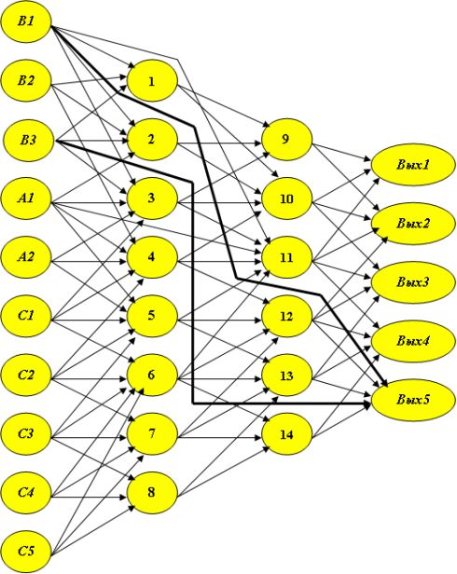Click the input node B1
pyautogui.click(x=26, y=21)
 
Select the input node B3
pyautogui.click(x=27, y=140)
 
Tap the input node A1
pyautogui.click(x=26, y=198)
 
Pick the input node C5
pyautogui.click(x=26, y=551)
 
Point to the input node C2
pyautogui.click(x=26, y=375)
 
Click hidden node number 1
pyautogui.click(x=152, y=81)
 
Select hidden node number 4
pyautogui.click(x=152, y=257)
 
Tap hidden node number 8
pyautogui.click(x=152, y=492)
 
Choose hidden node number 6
pyautogui.click(x=152, y=375)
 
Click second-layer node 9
pyautogui.click(x=286, y=140)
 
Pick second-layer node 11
pyautogui.click(x=286, y=257)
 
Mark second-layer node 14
pyautogui.click(x=286, y=434)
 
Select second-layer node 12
pyautogui.click(x=286, y=316)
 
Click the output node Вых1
pyautogui.click(x=413, y=164)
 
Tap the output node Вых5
pyautogui.click(x=413, y=400)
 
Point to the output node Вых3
pyautogui.click(x=413, y=282)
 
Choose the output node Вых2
pyautogui.click(x=413, y=224)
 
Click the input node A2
pyautogui.click(x=26, y=257)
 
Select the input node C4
pyautogui.click(x=26, y=492)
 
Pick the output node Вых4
pyautogui.click(x=413, y=341)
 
